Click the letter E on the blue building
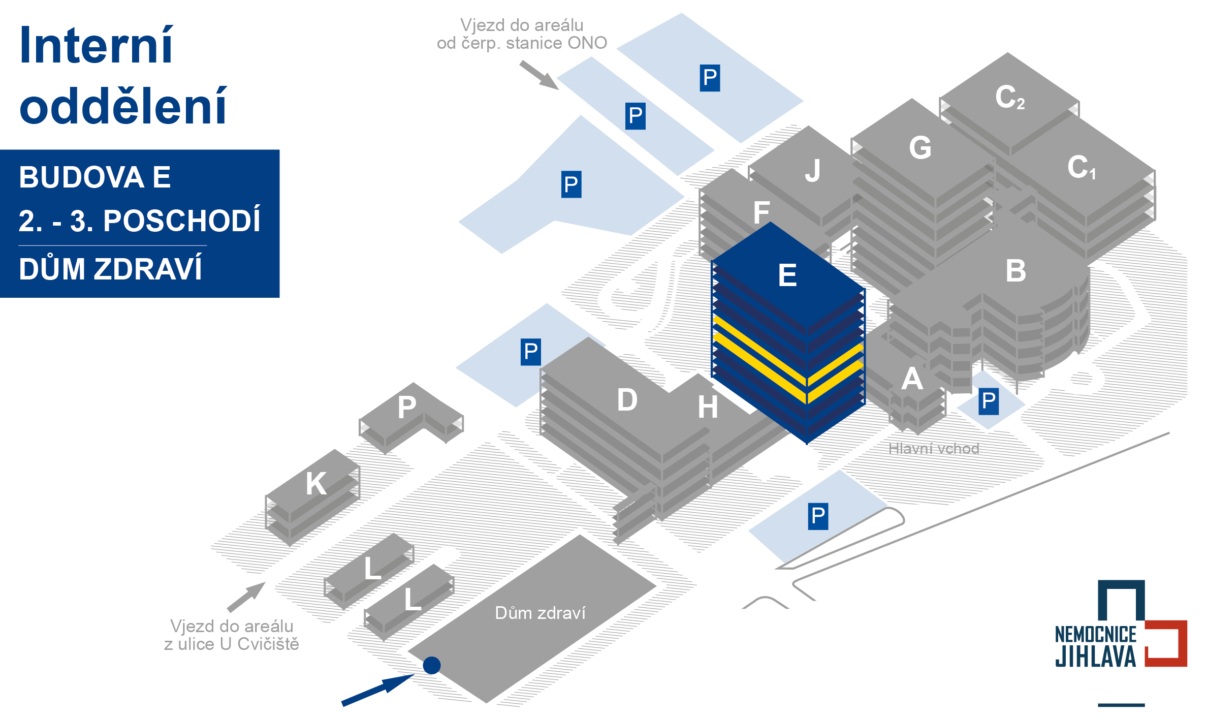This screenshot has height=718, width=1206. click(787, 275)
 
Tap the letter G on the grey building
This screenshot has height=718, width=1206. click(920, 148)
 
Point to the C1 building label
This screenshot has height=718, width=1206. click(1081, 167)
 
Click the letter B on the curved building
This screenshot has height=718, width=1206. click(1015, 271)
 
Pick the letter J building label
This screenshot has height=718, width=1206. click(813, 170)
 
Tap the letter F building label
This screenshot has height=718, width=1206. click(761, 212)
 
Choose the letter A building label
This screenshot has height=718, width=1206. click(912, 379)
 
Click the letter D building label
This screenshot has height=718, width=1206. click(627, 400)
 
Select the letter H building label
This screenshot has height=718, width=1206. click(708, 407)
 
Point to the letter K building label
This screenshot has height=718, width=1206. click(316, 483)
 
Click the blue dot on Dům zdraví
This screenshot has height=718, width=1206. click(432, 665)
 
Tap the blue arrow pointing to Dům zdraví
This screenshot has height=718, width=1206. click(378, 690)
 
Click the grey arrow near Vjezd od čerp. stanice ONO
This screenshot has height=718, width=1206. click(539, 75)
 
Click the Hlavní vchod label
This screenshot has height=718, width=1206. click(934, 449)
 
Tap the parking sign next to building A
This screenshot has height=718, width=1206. click(989, 401)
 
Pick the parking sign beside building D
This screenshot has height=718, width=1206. click(531, 352)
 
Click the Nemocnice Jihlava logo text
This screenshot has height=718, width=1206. click(1096, 645)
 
